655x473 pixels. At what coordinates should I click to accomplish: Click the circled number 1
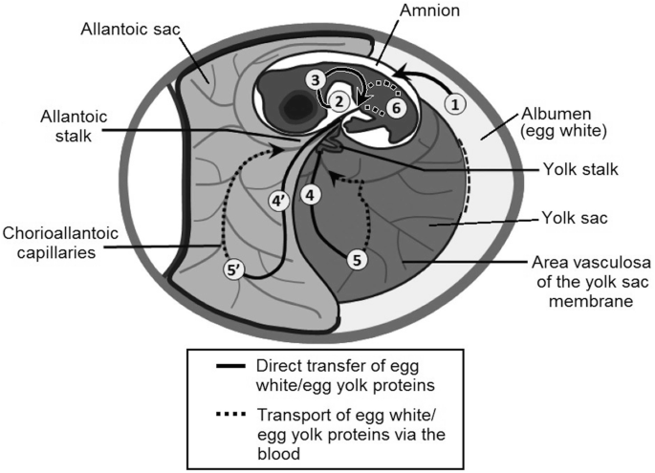456,100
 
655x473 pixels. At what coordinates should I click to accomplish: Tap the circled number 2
338,97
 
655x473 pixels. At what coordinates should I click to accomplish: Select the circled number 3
316,79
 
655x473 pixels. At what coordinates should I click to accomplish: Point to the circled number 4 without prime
309,193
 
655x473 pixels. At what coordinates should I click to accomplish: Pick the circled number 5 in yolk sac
356,258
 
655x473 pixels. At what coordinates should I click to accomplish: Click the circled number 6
397,108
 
